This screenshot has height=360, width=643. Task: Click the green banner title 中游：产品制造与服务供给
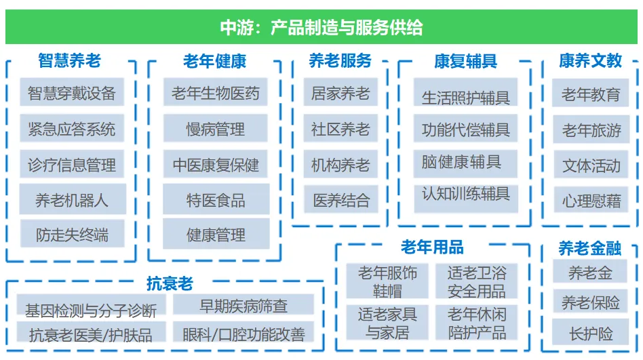tap(321, 28)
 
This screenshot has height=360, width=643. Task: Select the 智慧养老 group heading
tap(69, 61)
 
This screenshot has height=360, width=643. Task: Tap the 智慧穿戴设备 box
tap(72, 92)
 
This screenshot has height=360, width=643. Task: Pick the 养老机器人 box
tap(72, 199)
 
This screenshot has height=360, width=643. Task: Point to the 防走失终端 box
tap(72, 234)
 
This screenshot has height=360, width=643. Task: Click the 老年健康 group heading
tap(214, 62)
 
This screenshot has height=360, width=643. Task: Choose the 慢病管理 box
tap(215, 128)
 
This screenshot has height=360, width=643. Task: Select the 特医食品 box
tap(216, 199)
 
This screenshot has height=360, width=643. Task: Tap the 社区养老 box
tap(340, 128)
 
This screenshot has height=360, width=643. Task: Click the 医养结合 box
tap(340, 199)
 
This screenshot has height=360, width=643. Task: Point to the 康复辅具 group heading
tap(465, 62)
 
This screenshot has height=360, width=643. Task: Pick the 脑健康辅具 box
tap(465, 163)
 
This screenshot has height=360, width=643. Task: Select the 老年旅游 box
tap(591, 129)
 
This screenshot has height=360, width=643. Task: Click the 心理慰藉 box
tap(591, 200)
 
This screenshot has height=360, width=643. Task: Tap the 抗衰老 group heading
tap(170, 283)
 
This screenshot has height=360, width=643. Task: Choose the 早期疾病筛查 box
tap(243, 304)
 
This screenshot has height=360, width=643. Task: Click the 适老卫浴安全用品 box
tap(477, 281)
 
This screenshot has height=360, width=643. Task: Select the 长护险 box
tap(591, 332)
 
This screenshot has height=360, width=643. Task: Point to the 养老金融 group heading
tap(589, 248)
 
